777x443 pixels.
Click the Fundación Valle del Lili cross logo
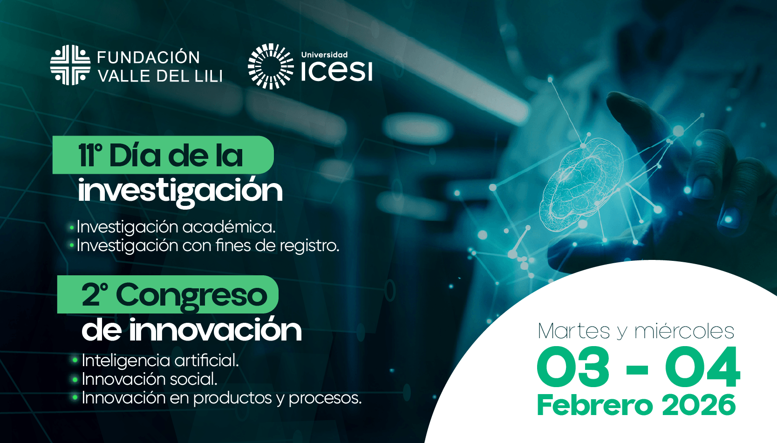pos(70,65)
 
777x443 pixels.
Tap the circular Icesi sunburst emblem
pos(271,66)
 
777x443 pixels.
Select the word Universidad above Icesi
pos(324,55)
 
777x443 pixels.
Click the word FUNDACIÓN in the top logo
pos(148,57)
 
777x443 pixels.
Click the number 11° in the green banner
pos(90,156)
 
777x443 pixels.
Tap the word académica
pos(229,227)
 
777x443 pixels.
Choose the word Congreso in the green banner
pos(191,295)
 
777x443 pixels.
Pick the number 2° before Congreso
pos(95,294)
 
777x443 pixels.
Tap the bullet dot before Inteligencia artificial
pos(75,361)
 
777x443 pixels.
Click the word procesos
pos(325,398)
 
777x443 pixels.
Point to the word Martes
pos(574,331)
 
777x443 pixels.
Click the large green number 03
pos(573,367)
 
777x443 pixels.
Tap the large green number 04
pos(702,367)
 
